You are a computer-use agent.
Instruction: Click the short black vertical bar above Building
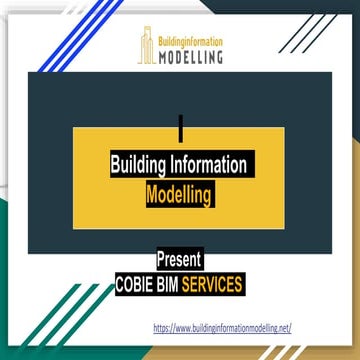point(180,126)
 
